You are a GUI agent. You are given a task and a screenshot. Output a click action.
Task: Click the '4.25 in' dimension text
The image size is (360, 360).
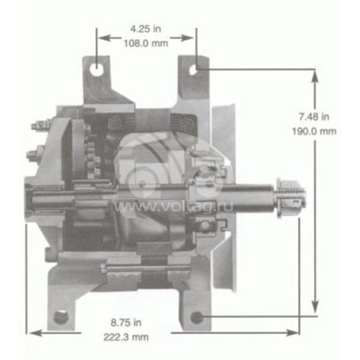[146, 29]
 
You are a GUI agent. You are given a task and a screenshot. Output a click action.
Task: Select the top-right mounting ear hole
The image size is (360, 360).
[195, 68]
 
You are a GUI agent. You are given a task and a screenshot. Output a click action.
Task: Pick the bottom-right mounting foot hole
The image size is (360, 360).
[197, 317]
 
